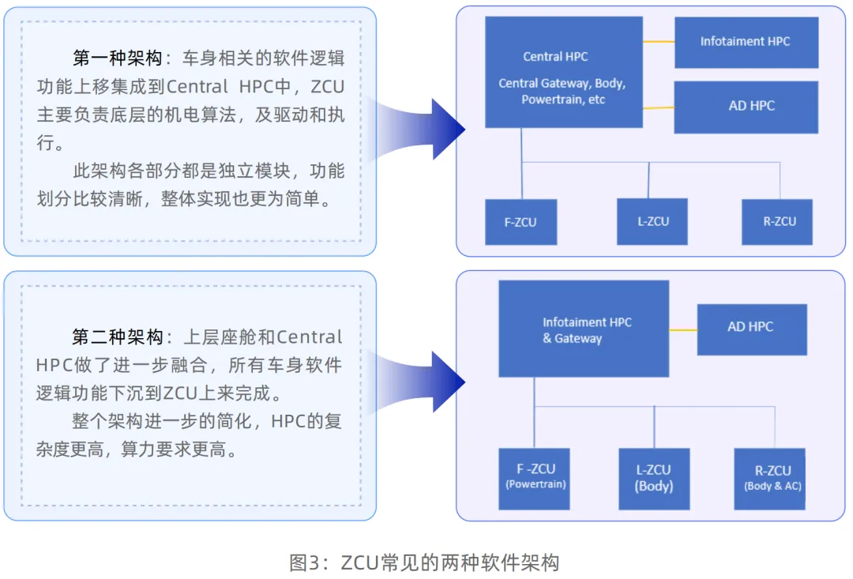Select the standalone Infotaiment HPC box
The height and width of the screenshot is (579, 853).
[746, 41]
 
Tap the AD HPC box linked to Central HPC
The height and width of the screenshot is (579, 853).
[746, 106]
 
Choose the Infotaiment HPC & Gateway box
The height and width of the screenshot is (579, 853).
[584, 329]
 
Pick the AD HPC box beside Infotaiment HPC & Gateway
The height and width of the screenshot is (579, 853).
[751, 328]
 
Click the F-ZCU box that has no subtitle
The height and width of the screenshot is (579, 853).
[520, 222]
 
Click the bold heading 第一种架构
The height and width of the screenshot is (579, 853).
[118, 59]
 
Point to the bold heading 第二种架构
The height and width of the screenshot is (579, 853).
[118, 337]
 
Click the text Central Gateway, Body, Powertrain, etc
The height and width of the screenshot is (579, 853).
[562, 92]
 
